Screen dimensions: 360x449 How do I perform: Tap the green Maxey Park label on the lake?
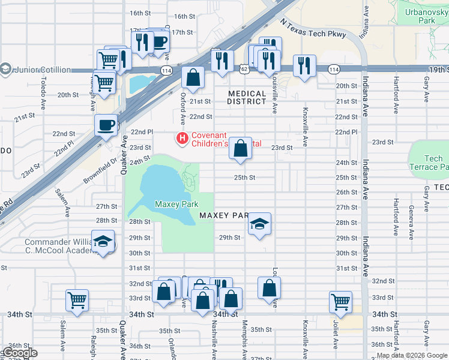pyautogui.click(x=176, y=205)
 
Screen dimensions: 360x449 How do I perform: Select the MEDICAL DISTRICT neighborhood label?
pyautogui.click(x=247, y=98)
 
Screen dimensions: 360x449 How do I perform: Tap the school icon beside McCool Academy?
pyautogui.click(x=103, y=242)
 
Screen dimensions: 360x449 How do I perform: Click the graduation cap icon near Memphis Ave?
pyautogui.click(x=259, y=224)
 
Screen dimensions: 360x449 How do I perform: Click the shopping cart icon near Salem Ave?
pyautogui.click(x=77, y=301)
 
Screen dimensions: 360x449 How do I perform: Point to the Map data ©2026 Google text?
pyautogui.click(x=412, y=355)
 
